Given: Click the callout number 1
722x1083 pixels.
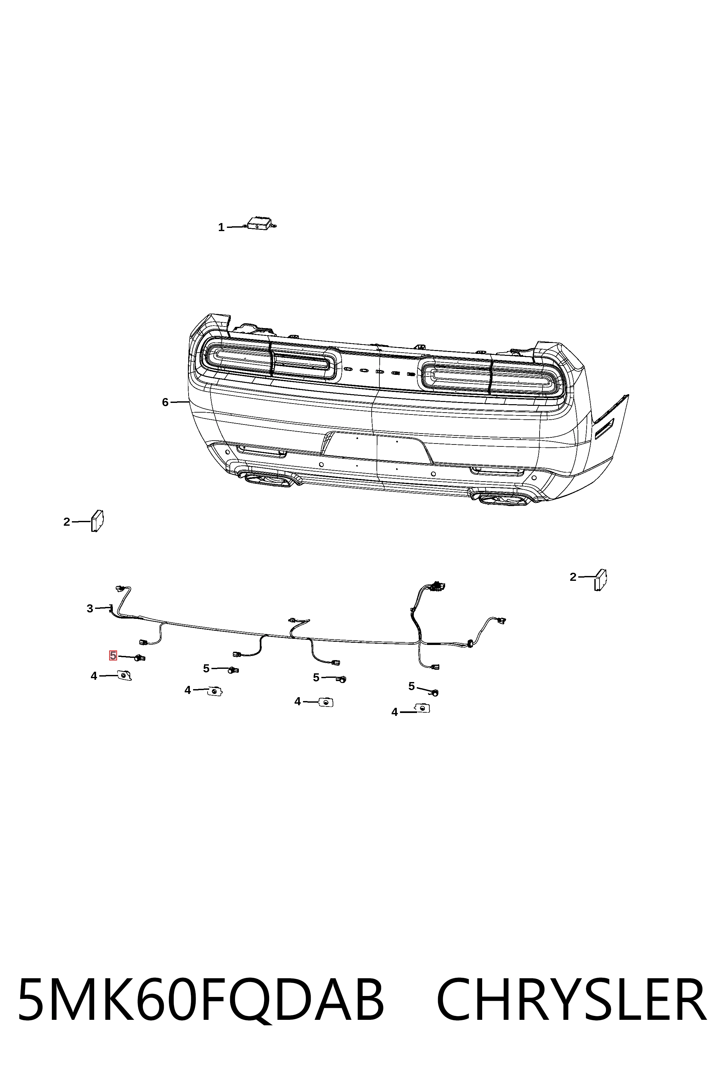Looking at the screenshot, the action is (x=221, y=228).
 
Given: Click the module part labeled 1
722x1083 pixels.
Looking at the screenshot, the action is (x=259, y=223).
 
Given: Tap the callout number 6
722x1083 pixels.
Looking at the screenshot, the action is (x=165, y=403).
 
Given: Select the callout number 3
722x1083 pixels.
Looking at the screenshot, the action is (x=90, y=609).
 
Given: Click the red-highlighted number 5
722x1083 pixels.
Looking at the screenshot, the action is (x=113, y=655).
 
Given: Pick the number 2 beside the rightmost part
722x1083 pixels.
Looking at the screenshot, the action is (x=573, y=577).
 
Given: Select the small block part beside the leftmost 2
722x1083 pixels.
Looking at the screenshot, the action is (x=97, y=521).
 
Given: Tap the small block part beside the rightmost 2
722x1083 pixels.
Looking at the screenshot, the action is (x=600, y=580).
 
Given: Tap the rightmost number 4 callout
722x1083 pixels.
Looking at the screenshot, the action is (x=394, y=712).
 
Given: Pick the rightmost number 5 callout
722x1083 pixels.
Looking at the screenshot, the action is (x=411, y=687).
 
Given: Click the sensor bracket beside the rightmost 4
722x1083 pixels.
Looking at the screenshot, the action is (x=422, y=708).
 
